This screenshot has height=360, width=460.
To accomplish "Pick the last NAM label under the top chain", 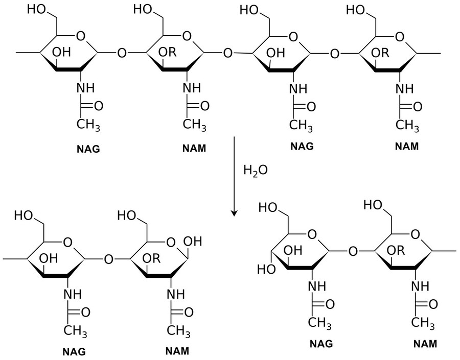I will [x=406, y=147].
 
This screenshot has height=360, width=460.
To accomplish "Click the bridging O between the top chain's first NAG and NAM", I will [x=121, y=52].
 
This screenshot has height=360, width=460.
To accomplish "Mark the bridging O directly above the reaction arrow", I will [x=228, y=52].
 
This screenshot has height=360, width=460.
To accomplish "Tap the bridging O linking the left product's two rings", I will [x=108, y=259].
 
